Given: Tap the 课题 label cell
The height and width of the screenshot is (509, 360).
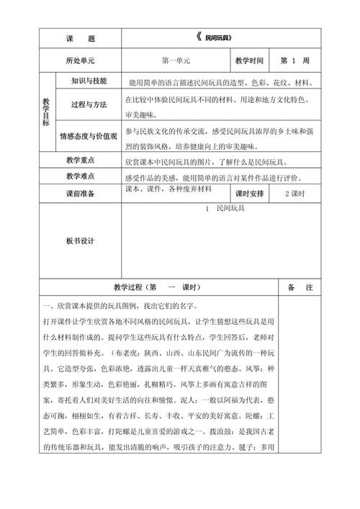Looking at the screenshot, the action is [x=85, y=37].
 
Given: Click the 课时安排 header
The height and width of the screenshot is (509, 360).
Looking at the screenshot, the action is [x=249, y=194].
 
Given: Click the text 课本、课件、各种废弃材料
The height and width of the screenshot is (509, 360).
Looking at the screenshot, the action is [x=168, y=189].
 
